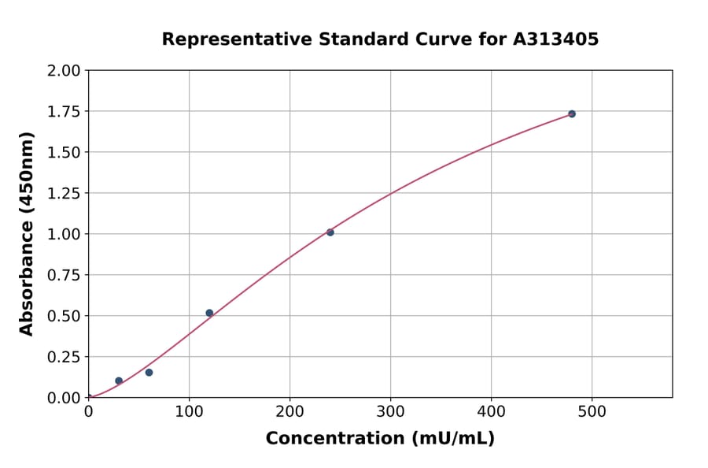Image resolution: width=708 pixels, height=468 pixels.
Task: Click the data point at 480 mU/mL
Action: [572, 114]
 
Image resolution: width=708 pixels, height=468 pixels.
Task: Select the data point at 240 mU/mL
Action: [330, 232]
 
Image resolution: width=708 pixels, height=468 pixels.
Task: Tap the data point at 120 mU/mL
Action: [209, 313]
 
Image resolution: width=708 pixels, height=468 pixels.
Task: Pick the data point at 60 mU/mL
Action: [149, 373]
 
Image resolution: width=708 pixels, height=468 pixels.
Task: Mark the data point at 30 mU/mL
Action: [119, 381]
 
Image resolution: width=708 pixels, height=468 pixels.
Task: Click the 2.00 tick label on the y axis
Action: [64, 71]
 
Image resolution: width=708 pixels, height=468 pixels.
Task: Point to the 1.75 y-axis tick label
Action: [64, 112]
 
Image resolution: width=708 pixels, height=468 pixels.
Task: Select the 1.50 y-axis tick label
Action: [64, 153]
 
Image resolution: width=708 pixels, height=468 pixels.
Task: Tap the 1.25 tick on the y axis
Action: [64, 194]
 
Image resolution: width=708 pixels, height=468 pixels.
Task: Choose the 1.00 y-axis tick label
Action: [64, 235]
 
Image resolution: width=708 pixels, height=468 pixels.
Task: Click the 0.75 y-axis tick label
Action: [64, 276]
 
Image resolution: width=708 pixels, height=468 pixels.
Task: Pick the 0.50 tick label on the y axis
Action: [64, 317]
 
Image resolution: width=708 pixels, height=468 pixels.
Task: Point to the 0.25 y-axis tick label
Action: [64, 358]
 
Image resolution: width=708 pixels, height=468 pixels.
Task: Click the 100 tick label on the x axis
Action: [189, 411]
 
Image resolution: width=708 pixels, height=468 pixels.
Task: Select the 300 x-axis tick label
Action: [391, 411]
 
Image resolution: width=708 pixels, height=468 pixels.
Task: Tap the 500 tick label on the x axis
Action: [592, 411]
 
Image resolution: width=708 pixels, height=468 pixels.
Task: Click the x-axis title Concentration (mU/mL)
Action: [380, 439]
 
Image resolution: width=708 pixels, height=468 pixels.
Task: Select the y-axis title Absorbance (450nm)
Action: [27, 233]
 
